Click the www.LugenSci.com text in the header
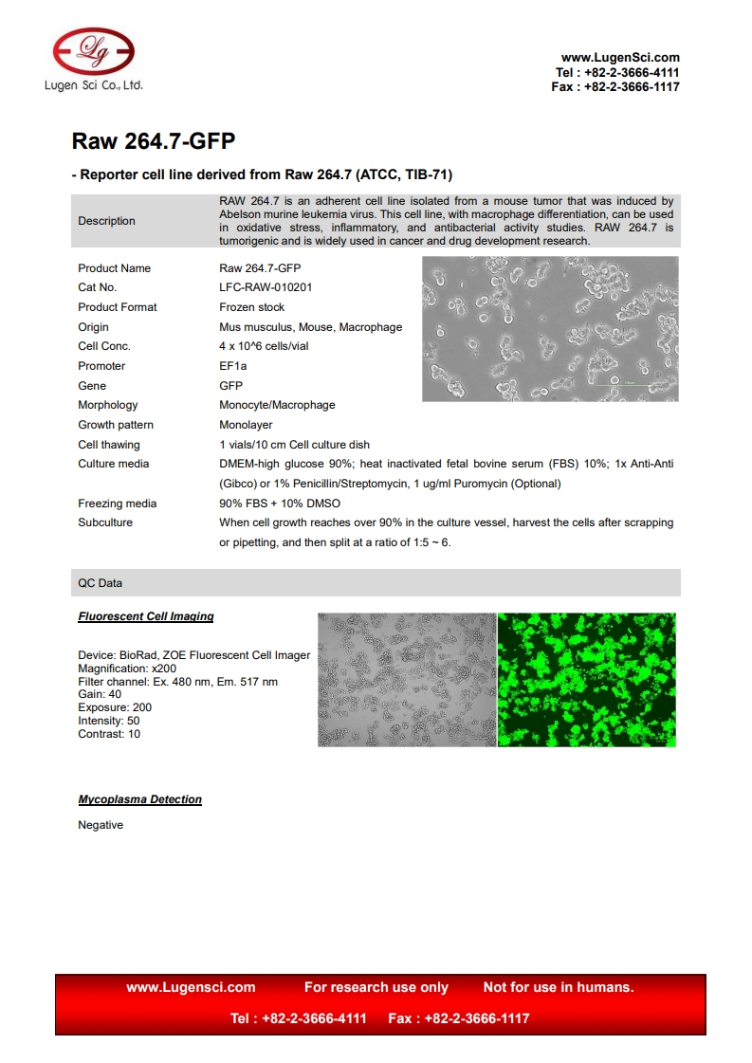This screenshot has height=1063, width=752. click(620, 58)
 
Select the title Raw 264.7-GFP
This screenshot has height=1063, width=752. click(154, 142)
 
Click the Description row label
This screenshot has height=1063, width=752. click(106, 221)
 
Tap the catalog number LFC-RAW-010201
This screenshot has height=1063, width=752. click(266, 287)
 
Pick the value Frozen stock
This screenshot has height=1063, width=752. click(251, 307)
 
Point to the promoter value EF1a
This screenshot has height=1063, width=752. click(232, 366)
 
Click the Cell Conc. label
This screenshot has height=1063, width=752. click(104, 346)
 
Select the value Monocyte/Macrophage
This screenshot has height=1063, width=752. click(277, 405)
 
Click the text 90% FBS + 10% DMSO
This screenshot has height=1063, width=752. click(280, 504)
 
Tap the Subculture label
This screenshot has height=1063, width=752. click(105, 522)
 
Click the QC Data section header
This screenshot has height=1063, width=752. click(100, 583)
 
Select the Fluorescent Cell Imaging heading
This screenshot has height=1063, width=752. click(146, 616)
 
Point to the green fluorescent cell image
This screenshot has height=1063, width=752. click(586, 679)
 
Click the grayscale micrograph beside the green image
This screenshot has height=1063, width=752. click(407, 679)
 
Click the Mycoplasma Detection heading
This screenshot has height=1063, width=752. click(139, 799)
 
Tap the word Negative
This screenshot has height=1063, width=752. click(101, 825)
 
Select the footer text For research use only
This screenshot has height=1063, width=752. click(376, 987)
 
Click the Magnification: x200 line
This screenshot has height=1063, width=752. click(127, 669)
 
